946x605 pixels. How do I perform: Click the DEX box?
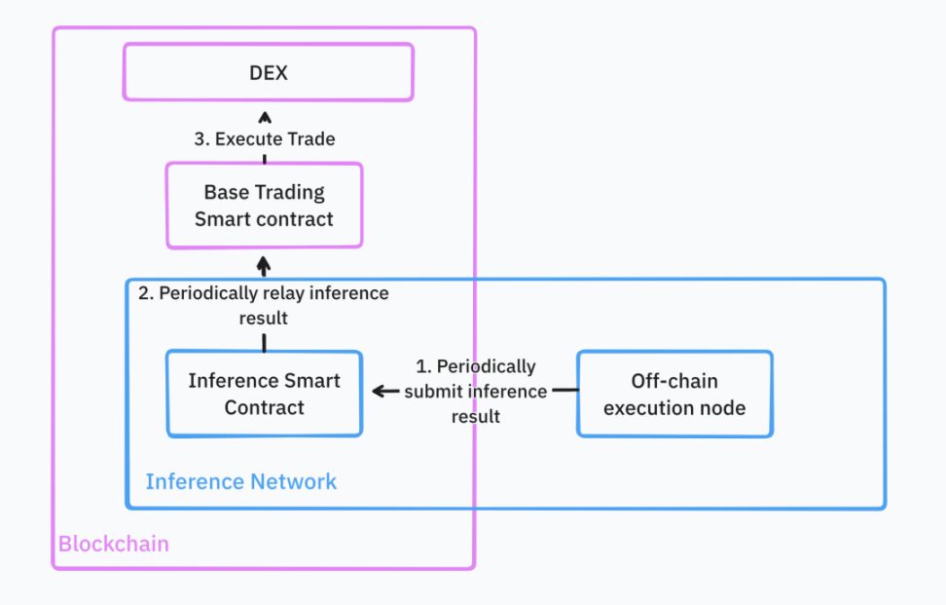(268, 72)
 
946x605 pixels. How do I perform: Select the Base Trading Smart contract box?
(264, 206)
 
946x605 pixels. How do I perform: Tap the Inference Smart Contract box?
(264, 394)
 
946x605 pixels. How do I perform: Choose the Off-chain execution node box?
(674, 394)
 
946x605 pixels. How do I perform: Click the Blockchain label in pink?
(113, 544)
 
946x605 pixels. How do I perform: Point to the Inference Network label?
(240, 481)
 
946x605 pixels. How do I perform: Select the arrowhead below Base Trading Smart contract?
(263, 263)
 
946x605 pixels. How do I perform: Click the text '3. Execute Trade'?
(264, 139)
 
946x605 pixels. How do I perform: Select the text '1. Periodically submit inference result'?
(475, 392)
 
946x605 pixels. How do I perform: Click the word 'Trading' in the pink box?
(290, 192)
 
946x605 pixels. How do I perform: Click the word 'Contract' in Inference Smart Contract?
(264, 407)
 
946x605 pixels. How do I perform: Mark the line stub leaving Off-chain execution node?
(564, 392)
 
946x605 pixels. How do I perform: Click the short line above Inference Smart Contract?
(264, 340)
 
